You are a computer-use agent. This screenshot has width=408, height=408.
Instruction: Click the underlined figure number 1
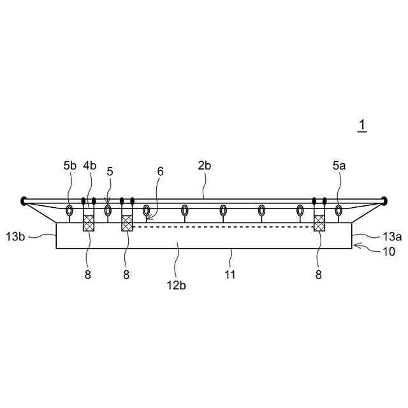pos(362,126)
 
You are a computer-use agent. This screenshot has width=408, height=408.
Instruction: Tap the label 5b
pos(69,165)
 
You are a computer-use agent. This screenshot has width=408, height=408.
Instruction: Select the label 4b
pos(89,165)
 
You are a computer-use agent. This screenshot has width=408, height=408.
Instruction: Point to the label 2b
pos(204,165)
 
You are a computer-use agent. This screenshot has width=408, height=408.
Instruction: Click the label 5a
pos(339,165)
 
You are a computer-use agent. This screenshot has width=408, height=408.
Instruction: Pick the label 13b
pos(15,237)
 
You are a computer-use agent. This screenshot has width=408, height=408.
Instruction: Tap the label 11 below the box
pos(230,275)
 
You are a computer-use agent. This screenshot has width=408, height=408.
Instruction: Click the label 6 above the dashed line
pos(160,171)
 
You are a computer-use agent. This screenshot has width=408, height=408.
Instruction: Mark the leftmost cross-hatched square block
pos(89,222)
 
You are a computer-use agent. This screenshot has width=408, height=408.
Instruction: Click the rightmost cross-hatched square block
pos(319,222)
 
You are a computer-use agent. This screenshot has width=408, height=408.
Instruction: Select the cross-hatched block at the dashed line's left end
pos(127,222)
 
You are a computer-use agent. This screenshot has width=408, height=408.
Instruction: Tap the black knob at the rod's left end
pos(24,201)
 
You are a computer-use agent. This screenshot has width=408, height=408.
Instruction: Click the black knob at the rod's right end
pos(384,201)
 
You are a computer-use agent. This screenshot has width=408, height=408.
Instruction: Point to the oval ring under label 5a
pos(339,210)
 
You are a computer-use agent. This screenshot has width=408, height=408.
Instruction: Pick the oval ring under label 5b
pos(69,210)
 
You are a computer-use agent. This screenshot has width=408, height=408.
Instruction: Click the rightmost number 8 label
pos(319,275)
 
